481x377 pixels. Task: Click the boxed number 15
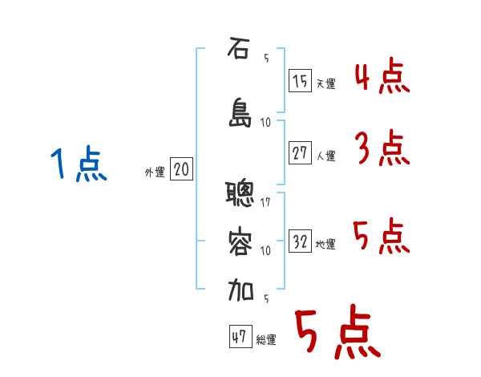[300, 80]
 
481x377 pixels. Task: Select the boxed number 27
[300, 152]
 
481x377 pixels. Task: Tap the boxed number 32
[300, 241]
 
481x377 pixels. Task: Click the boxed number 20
[181, 169]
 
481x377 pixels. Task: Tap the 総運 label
[266, 340]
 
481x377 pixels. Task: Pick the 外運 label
[155, 172]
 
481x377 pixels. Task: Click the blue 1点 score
[77, 165]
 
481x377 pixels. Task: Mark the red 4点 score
[382, 78]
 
